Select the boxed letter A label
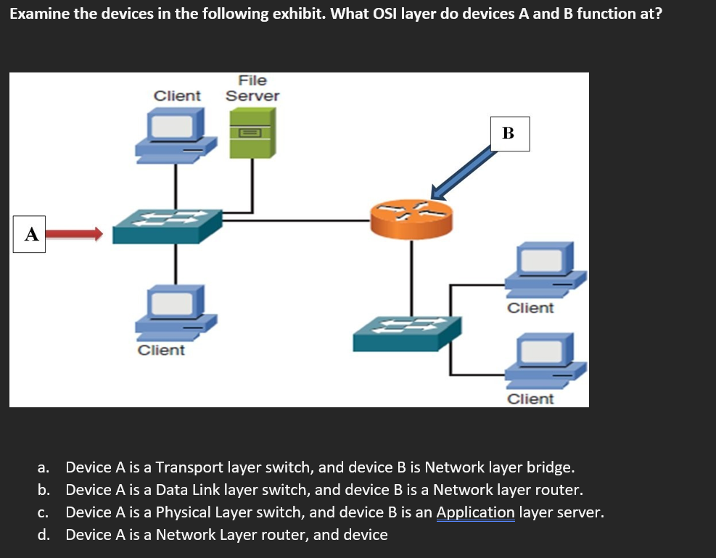[x=30, y=234]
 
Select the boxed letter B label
[x=508, y=133]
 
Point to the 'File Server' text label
[x=252, y=88]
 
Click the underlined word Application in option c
[x=475, y=512]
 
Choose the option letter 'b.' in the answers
[x=44, y=489]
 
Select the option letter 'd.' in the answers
[x=44, y=535]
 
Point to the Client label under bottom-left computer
[x=161, y=350]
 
